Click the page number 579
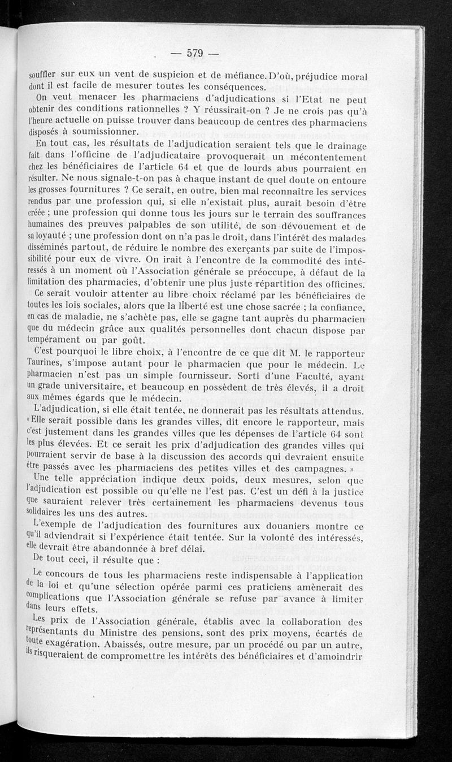click(194, 54)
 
